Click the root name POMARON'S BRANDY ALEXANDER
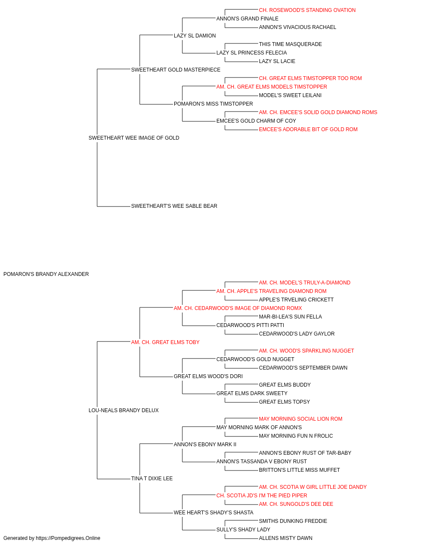click(46, 274)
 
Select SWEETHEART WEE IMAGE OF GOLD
click(134, 138)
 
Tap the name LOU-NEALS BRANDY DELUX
click(124, 410)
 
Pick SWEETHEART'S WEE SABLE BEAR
click(174, 206)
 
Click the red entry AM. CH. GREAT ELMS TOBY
click(165, 342)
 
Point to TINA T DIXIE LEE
click(152, 479)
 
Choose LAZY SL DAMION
click(195, 36)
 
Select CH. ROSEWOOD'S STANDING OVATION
click(307, 10)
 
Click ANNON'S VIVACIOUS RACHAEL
click(297, 27)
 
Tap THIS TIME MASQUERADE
click(291, 44)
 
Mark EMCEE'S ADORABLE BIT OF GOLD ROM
click(308, 129)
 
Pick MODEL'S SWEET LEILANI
click(290, 95)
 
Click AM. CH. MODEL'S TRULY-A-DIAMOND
click(305, 283)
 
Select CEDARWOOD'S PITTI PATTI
click(250, 325)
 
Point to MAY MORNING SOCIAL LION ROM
click(301, 419)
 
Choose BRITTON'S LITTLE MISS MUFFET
click(299, 470)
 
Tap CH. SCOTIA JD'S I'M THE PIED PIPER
click(262, 496)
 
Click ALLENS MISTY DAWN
click(286, 538)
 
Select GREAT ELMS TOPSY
click(285, 402)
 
